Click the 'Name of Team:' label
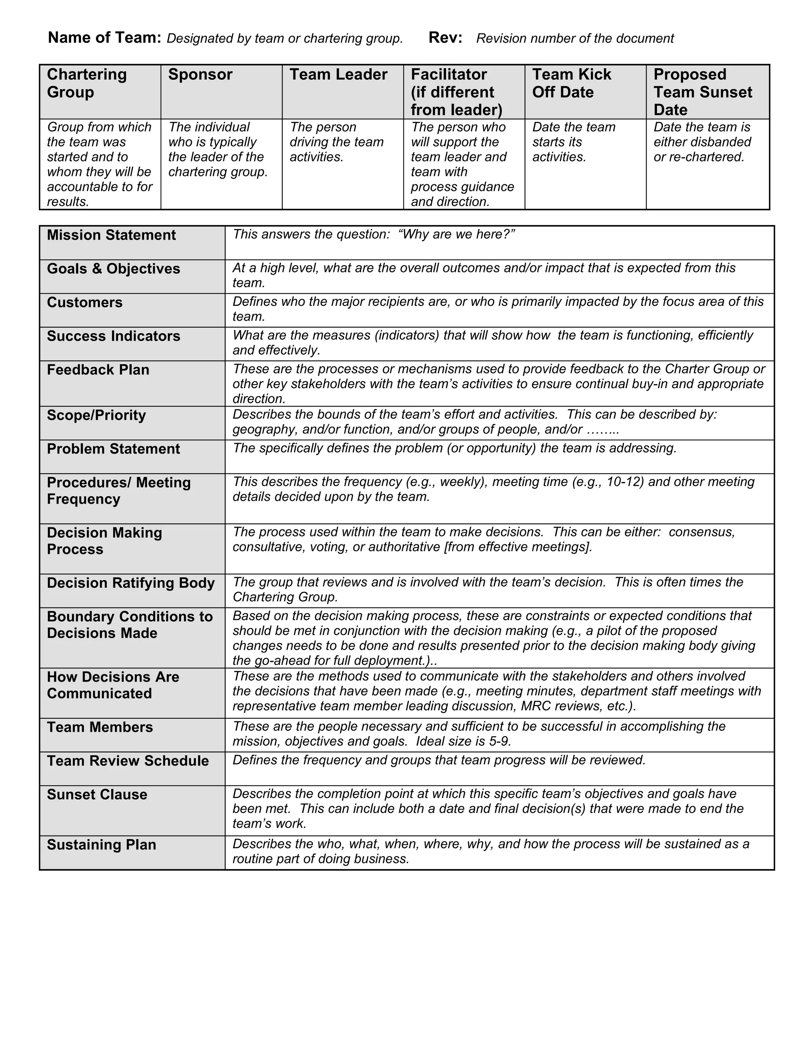pos(104,37)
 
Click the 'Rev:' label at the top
pos(445,37)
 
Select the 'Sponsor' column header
pos(200,75)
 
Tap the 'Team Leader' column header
pos(339,75)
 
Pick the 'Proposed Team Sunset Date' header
pos(703,92)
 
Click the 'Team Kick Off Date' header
pos(571,83)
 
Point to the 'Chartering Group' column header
pos(87,83)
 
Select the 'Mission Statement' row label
pos(111,235)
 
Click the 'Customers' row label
pos(85,303)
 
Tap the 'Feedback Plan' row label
pos(98,370)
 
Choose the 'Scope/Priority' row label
pos(96,415)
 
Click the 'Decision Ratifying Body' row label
pos(131,583)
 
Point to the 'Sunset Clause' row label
pos(97,795)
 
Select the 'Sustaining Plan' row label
pos(102,845)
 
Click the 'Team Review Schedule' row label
pos(128,761)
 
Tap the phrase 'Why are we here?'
pos(456,234)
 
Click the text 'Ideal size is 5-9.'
pos(463,741)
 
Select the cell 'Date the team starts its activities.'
pos(574,142)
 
